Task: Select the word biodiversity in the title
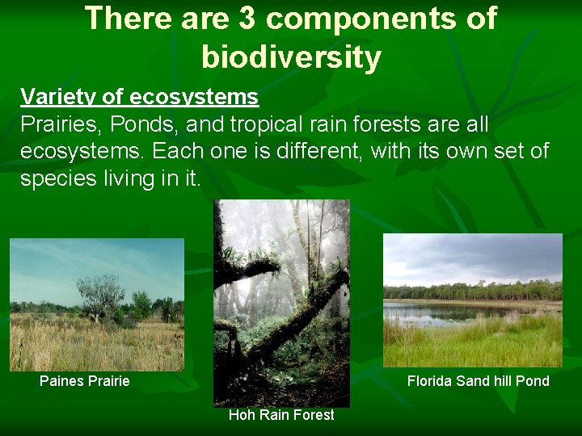click(291, 57)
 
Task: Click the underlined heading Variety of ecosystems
click(139, 98)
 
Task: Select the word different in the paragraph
click(314, 151)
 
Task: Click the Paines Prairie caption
click(84, 381)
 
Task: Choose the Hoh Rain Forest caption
click(281, 415)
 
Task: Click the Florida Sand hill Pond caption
click(478, 381)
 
